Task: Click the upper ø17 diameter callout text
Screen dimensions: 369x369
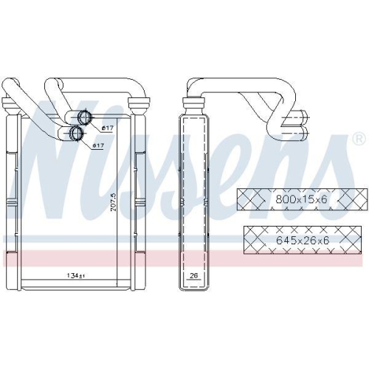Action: click(x=107, y=130)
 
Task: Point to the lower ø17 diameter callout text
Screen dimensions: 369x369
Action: click(x=98, y=145)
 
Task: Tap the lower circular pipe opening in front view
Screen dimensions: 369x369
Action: click(x=75, y=134)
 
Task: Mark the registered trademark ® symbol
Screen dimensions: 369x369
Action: click(x=358, y=138)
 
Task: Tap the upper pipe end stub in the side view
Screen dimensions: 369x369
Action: click(x=300, y=117)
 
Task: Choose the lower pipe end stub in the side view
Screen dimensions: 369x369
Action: click(x=300, y=132)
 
